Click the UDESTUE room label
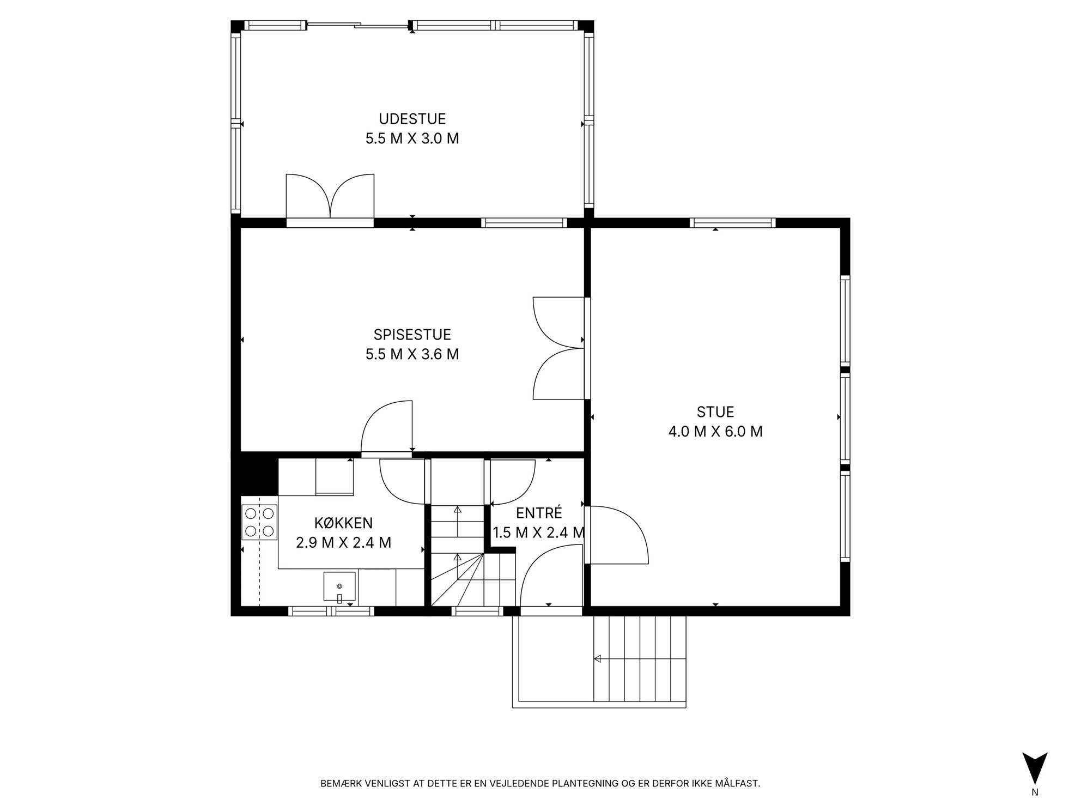pyautogui.click(x=412, y=119)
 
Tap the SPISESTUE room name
pyautogui.click(x=412, y=334)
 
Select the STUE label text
pyautogui.click(x=715, y=411)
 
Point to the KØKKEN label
pyautogui.click(x=344, y=523)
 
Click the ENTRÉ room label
pyautogui.click(x=539, y=513)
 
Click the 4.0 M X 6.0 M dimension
pyautogui.click(x=715, y=432)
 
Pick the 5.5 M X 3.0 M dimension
pyautogui.click(x=412, y=138)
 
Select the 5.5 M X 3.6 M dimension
pyautogui.click(x=412, y=354)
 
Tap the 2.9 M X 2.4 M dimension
pyautogui.click(x=344, y=543)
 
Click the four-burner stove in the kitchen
pyautogui.click(x=259, y=522)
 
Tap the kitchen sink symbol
pyautogui.click(x=339, y=588)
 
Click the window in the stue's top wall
pyautogui.click(x=732, y=222)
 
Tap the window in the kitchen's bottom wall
pyautogui.click(x=331, y=611)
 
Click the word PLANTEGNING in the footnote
pyautogui.click(x=584, y=784)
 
